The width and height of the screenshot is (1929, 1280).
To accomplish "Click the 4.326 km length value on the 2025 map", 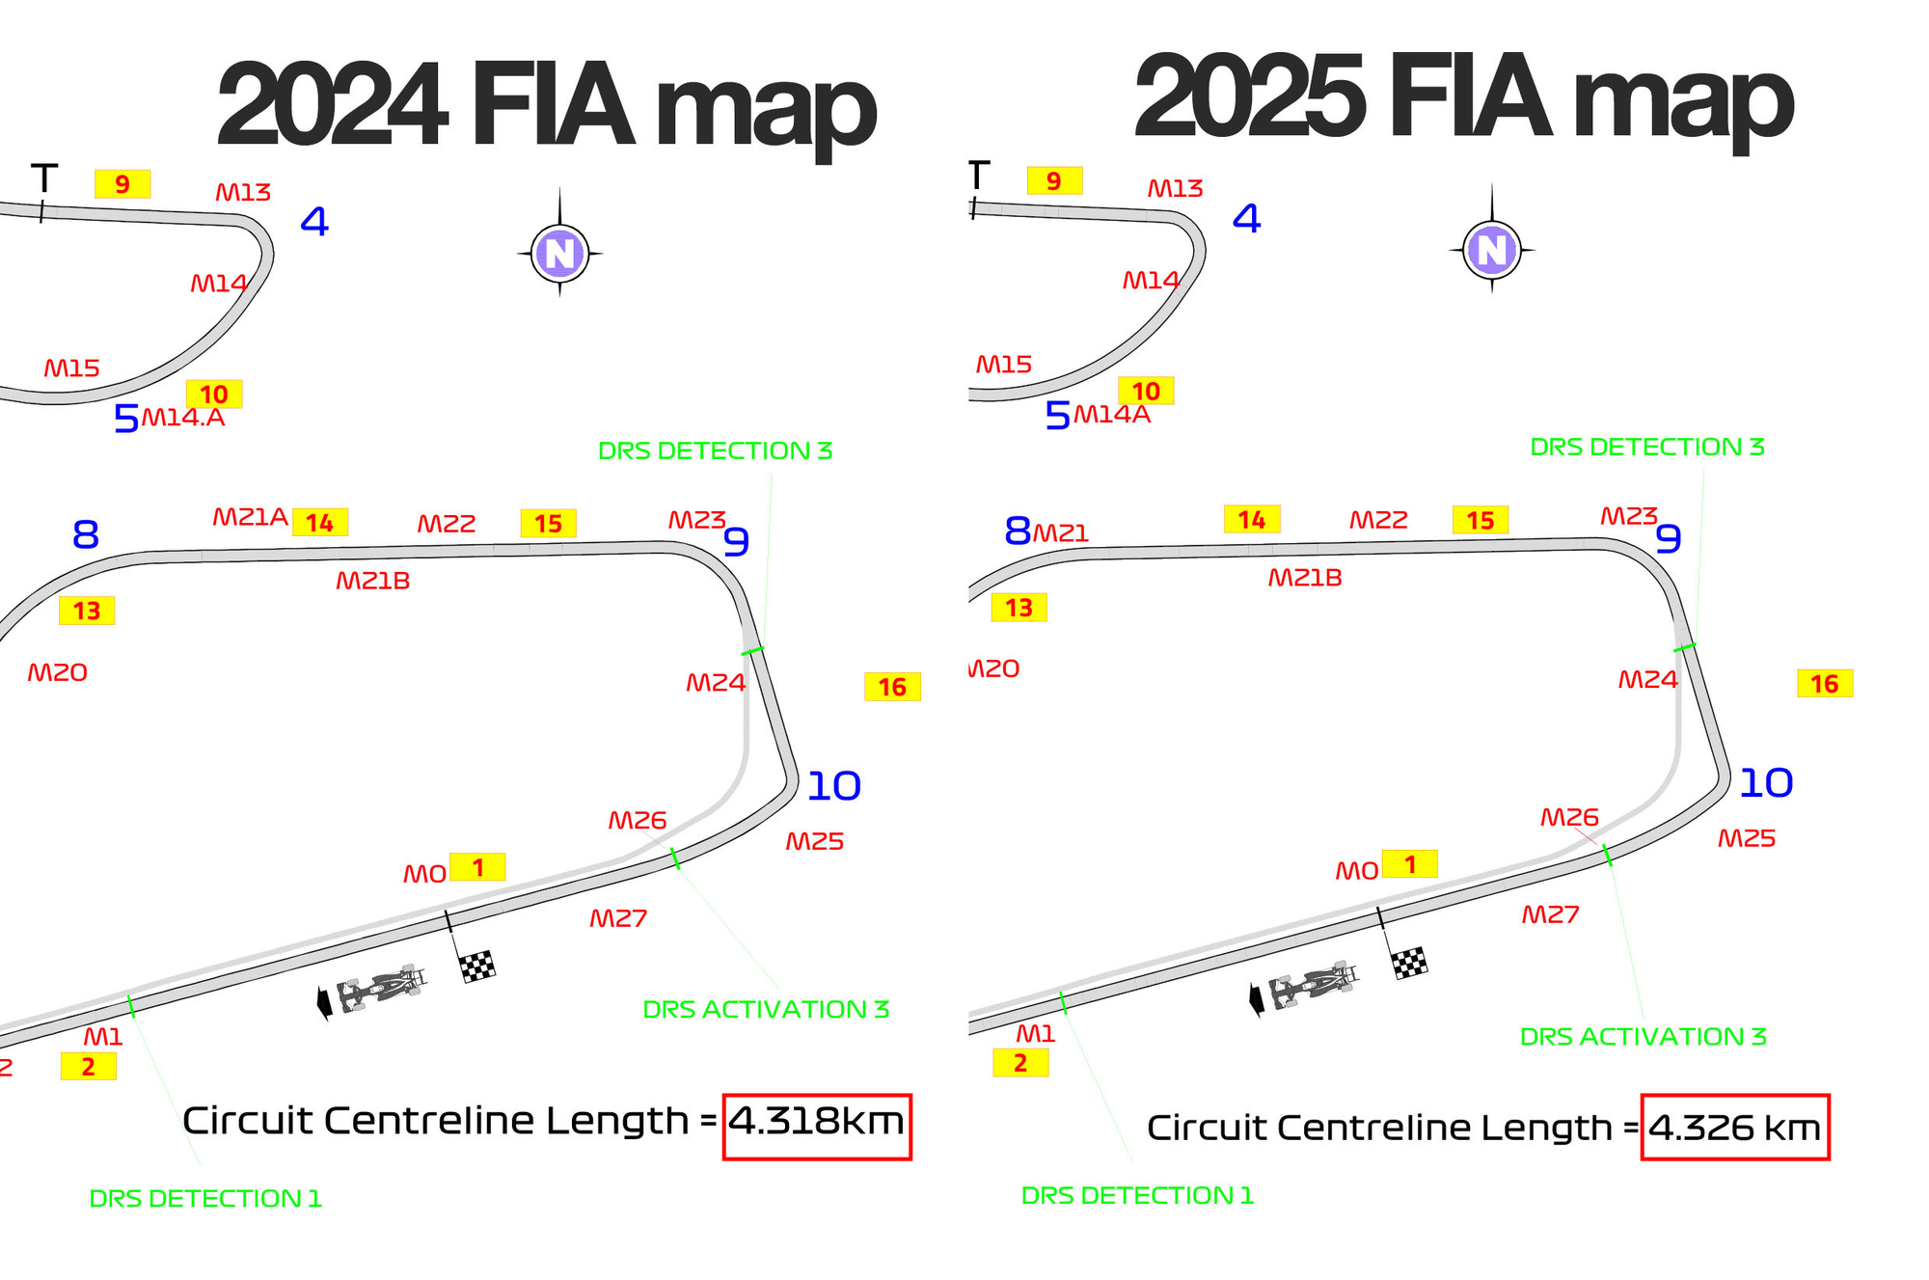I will coord(1734,1128).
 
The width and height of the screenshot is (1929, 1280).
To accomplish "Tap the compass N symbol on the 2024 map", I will coord(559,254).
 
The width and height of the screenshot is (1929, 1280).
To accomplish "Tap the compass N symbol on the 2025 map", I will coord(1491,250).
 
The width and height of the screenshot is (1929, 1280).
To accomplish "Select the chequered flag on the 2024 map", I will coord(477,966).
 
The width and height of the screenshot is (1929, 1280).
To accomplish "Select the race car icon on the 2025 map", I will coord(1313,988).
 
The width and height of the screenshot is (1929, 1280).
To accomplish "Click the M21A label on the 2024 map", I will coord(250,518).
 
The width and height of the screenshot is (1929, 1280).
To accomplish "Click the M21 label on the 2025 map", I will coord(1061,533).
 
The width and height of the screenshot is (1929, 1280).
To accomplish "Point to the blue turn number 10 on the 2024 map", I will coord(833,787).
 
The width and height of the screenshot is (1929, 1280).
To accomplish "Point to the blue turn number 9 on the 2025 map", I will coord(1669,539).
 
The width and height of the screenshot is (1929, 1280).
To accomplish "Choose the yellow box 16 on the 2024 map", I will coord(892,687).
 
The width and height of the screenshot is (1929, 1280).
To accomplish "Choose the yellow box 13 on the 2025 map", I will coord(1019,608).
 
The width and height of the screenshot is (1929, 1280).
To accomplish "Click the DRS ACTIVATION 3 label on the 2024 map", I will coord(766,1010).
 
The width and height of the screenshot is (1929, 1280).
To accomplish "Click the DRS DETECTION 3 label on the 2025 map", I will coord(1646,448).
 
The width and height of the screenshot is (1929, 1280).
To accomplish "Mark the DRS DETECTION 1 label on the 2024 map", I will coord(205,1199).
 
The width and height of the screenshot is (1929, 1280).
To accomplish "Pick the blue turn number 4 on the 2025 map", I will coord(1246,219).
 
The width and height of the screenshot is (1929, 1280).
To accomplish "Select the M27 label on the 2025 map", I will coord(1550,915).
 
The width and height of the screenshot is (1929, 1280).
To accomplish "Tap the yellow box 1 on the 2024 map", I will coord(477,867).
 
